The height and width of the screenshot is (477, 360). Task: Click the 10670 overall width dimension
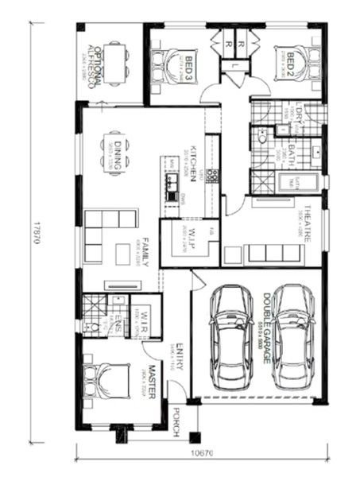(201, 454)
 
